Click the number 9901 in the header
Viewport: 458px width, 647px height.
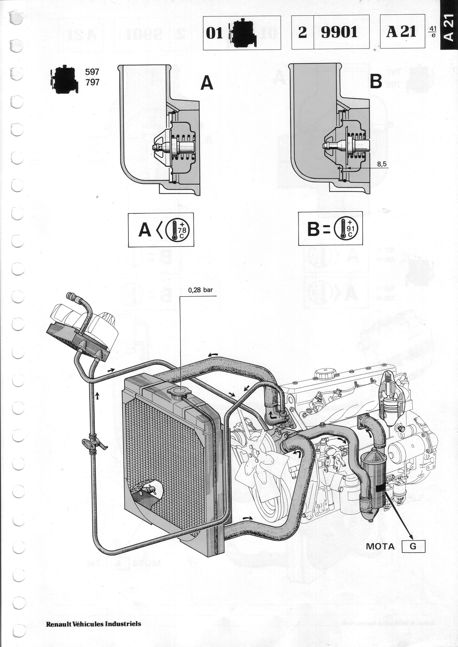pos(339,32)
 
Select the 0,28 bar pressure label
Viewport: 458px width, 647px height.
pos(200,290)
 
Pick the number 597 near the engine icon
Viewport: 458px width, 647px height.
pos(92,72)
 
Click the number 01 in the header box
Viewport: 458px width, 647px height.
pos(214,33)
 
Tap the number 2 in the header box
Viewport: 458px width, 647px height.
pos(302,32)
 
